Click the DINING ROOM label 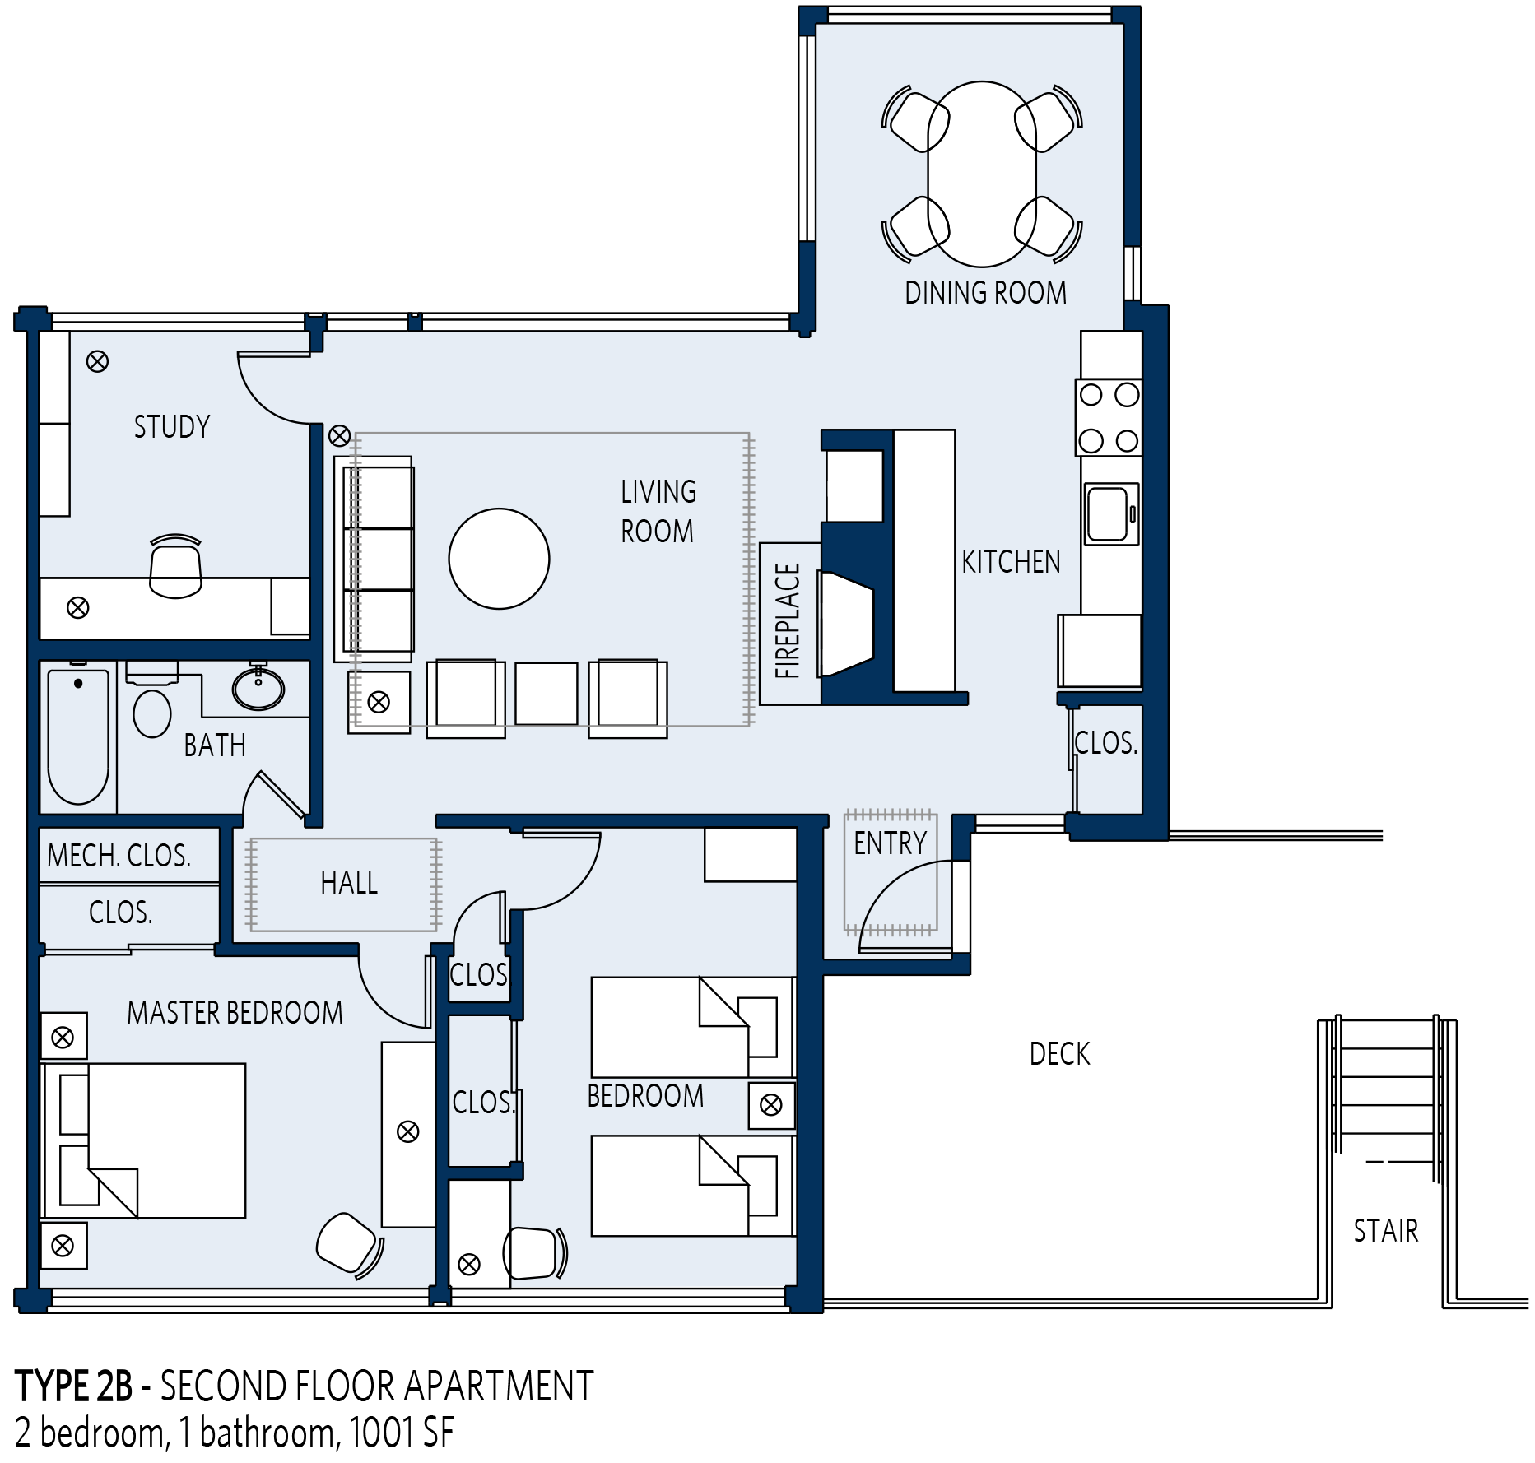985,293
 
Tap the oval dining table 982,174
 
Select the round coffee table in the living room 499,559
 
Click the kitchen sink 1111,514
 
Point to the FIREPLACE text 788,621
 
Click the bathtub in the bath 78,737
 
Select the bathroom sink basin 258,688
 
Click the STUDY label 172,427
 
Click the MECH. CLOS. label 119,856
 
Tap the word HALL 349,883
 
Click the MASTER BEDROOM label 235,1013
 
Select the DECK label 1059,1054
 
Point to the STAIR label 1386,1231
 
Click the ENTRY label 890,843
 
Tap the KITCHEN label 1011,562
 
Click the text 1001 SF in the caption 402,1433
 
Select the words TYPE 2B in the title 73,1386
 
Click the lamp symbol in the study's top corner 97,361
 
